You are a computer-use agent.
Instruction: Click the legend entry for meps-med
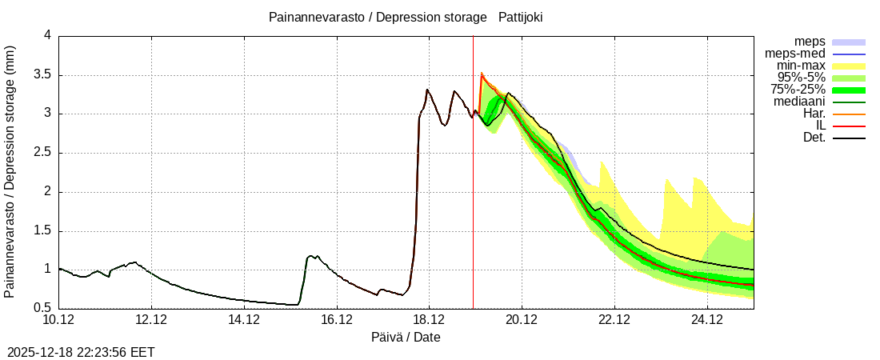pyautogui.click(x=799, y=54)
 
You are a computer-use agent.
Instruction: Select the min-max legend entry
pyautogui.click(x=802, y=66)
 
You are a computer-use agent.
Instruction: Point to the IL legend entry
pyautogui.click(x=819, y=126)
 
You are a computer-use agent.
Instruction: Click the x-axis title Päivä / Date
pyautogui.click(x=406, y=338)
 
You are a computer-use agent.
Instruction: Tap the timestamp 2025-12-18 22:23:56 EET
pyautogui.click(x=81, y=352)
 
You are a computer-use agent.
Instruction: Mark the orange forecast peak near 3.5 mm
pyautogui.click(x=482, y=74)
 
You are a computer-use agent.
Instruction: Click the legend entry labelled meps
pyautogui.click(x=810, y=42)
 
